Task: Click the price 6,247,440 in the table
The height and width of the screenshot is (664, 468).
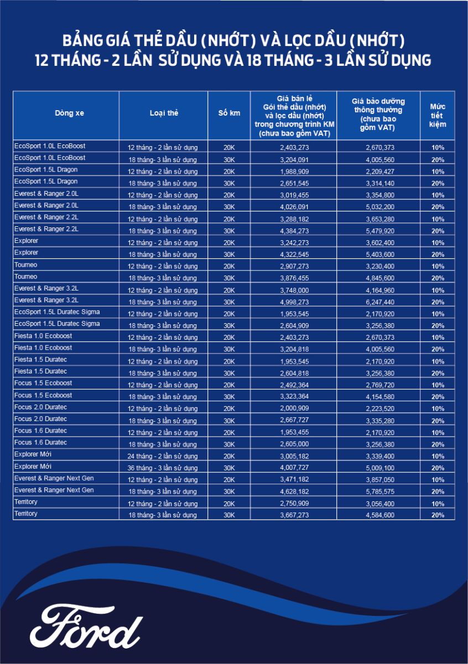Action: (379, 302)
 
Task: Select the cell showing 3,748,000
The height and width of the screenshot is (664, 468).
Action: (294, 290)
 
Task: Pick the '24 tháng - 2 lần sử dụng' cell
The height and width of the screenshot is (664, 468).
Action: (163, 456)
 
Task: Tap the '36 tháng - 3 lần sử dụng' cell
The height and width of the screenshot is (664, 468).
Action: (163, 468)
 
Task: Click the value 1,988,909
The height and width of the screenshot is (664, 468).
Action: (294, 172)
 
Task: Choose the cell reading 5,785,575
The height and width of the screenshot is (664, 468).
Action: (379, 492)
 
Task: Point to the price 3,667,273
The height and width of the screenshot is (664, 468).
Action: (294, 515)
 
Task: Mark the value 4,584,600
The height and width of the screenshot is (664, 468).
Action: (379, 515)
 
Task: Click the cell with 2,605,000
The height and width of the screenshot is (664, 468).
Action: (294, 444)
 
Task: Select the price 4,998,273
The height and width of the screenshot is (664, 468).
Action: (294, 302)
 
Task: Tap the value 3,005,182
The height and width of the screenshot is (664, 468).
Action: (294, 456)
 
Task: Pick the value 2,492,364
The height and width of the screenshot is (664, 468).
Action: (294, 385)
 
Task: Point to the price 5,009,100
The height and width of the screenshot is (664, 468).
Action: (379, 468)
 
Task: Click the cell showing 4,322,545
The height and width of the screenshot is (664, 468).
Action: (294, 255)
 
